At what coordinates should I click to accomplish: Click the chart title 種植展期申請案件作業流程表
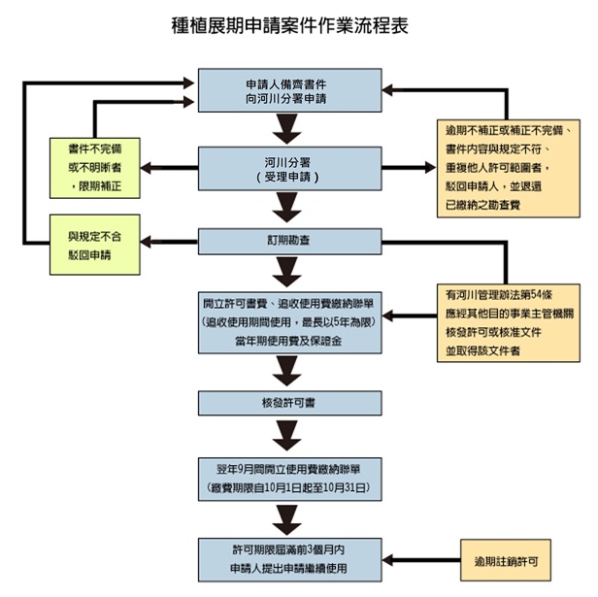(x=288, y=25)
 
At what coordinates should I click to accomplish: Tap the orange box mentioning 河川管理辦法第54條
(x=503, y=320)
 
